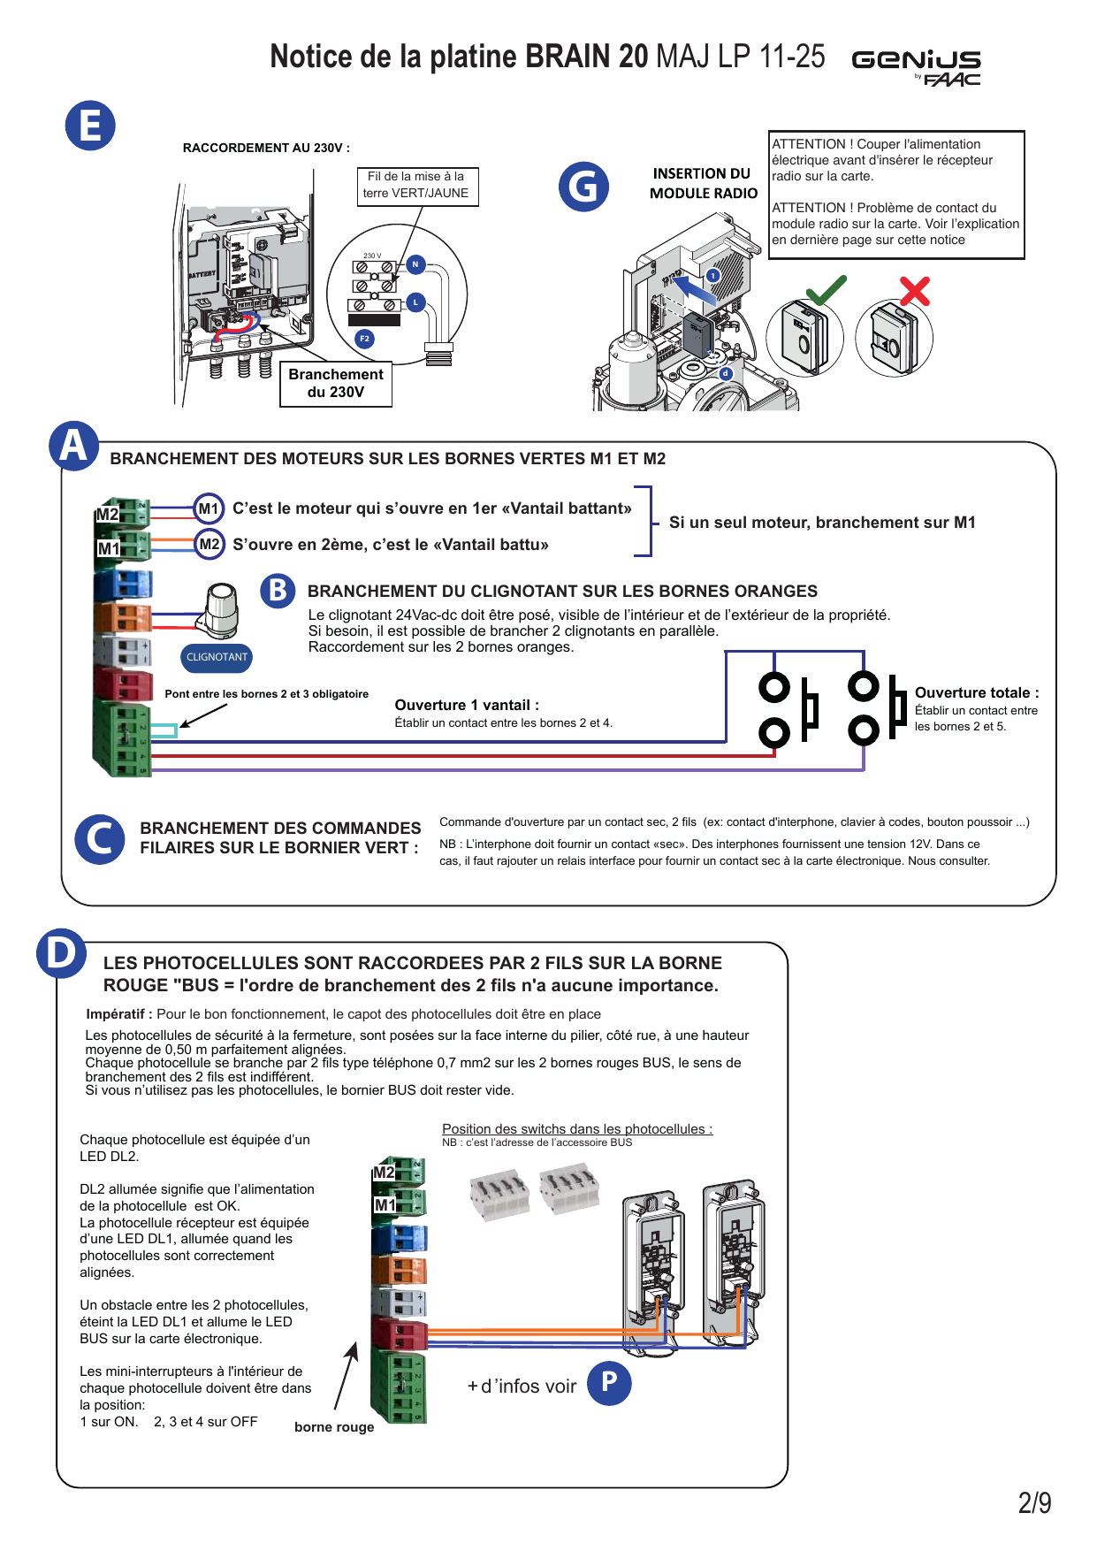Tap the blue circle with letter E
tap(90, 126)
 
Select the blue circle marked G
tap(583, 187)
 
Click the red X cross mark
tap(915, 291)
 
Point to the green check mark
tap(827, 290)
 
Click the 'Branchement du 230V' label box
tap(336, 384)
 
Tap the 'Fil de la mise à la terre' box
tap(416, 186)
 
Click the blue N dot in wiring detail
tap(415, 264)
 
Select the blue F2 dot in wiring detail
tap(364, 339)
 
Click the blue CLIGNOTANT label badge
tap(217, 657)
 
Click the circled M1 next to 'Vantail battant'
tap(209, 508)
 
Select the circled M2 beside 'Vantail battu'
tap(209, 545)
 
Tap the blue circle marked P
tap(609, 1383)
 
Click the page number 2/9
tap(1034, 1503)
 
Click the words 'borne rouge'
tap(334, 1427)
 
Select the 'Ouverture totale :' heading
tap(977, 693)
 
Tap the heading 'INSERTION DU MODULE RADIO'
tap(704, 184)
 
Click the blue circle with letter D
tap(61, 954)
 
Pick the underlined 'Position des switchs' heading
tap(577, 1129)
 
